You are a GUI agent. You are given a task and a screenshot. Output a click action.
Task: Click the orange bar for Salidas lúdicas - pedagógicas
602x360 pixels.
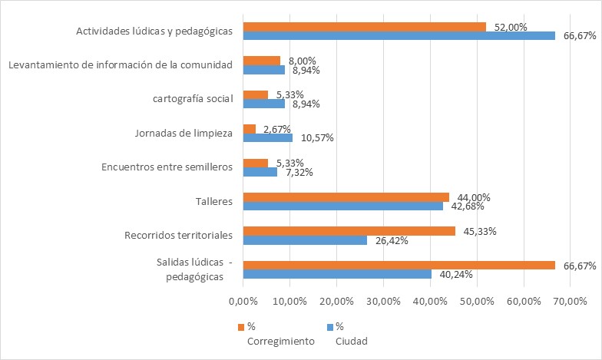pyautogui.click(x=399, y=265)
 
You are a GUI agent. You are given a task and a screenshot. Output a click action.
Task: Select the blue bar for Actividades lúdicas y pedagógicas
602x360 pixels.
pyautogui.click(x=399, y=35)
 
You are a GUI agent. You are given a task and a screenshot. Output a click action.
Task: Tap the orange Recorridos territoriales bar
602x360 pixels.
pyautogui.click(x=349, y=231)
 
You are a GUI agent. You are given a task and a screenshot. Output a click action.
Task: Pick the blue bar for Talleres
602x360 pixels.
pyautogui.click(x=342, y=206)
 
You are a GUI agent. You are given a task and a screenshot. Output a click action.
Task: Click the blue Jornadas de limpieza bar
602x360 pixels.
pyautogui.click(x=267, y=138)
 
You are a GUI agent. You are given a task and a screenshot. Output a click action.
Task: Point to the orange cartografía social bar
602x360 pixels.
pyautogui.click(x=255, y=95)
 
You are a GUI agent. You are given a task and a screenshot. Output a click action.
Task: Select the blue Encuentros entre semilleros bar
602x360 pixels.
pyautogui.click(x=260, y=172)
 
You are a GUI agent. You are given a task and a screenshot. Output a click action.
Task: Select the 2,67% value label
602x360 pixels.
pyautogui.click(x=277, y=129)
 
